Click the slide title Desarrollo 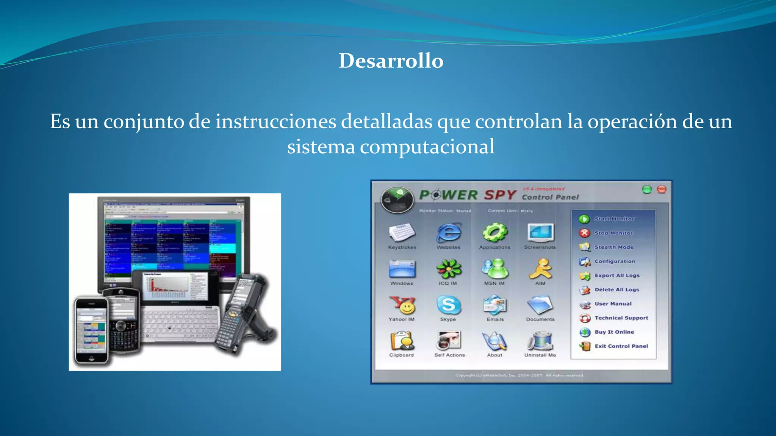[x=391, y=61]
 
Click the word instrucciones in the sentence [x=276, y=122]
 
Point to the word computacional [x=427, y=147]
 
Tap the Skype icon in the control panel [x=449, y=305]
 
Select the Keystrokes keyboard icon [x=402, y=232]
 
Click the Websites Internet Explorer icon [x=449, y=232]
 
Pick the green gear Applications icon [x=495, y=232]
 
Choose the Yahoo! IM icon [x=402, y=305]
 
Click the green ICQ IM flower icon [x=449, y=269]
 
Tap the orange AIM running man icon [x=541, y=269]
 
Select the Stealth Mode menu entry [x=614, y=247]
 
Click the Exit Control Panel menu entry [x=621, y=346]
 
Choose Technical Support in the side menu [x=621, y=318]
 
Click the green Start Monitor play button [x=584, y=219]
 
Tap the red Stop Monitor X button [x=584, y=233]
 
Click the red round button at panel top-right [x=662, y=189]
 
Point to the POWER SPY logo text [x=468, y=195]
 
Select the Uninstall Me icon [x=541, y=341]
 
